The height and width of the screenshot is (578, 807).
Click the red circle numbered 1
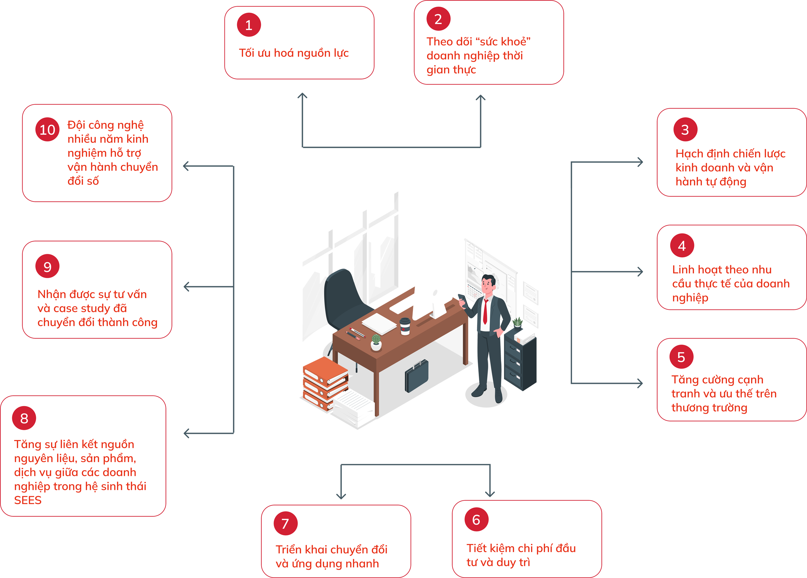click(x=249, y=25)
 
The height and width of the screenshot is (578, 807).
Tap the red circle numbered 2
click(x=438, y=19)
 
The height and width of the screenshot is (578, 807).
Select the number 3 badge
click(x=685, y=130)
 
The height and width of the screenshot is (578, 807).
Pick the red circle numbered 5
click(x=681, y=357)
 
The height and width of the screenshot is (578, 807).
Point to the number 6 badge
click(x=476, y=520)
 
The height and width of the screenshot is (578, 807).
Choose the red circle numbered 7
click(x=285, y=524)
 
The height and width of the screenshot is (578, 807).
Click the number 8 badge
click(x=24, y=418)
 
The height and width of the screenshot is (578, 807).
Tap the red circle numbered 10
click(x=47, y=130)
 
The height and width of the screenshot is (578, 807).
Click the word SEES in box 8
click(x=28, y=500)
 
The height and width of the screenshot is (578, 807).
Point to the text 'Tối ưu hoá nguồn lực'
click(x=294, y=53)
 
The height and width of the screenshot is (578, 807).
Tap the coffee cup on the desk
click(x=405, y=326)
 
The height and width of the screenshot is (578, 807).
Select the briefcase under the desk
click(x=416, y=376)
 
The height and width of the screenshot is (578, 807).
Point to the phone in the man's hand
click(x=461, y=298)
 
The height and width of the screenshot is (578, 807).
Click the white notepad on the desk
click(x=379, y=323)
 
